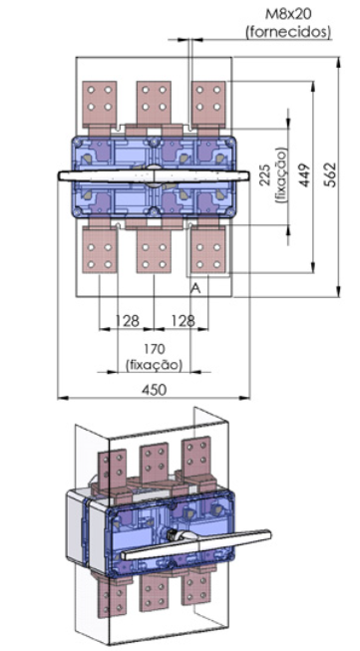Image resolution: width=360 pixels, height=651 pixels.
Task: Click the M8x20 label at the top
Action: [x=288, y=15]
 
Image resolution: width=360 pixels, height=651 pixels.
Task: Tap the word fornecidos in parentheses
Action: [x=289, y=32]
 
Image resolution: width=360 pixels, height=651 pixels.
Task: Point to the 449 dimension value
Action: [x=305, y=174]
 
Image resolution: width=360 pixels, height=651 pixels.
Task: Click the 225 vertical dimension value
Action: [x=265, y=175]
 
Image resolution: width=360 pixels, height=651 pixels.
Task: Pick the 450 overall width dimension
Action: [x=154, y=389]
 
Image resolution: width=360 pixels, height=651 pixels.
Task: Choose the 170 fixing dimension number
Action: [x=154, y=349]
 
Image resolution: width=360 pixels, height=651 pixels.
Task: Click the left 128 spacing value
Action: [x=128, y=320]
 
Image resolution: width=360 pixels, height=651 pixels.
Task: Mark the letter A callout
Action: [x=195, y=288]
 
